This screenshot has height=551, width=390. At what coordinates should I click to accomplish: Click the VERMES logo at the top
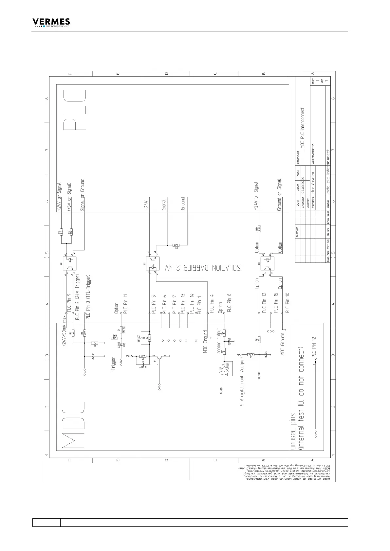(x=51, y=23)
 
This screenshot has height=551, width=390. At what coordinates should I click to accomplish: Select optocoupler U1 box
(x=69, y=263)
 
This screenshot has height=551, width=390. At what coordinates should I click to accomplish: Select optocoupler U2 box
(x=152, y=263)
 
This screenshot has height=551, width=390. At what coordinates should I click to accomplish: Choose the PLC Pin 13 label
(x=183, y=304)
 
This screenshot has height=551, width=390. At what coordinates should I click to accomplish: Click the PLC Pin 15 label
(x=276, y=304)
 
